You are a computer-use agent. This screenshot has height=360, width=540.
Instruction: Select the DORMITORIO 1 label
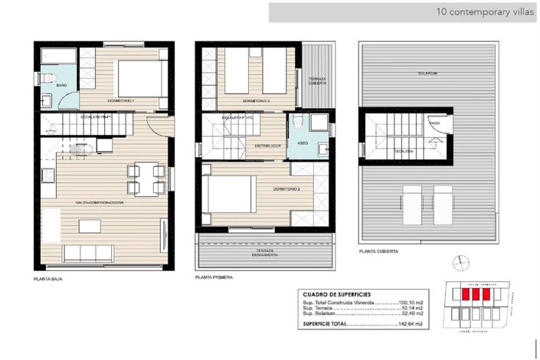click(123, 101)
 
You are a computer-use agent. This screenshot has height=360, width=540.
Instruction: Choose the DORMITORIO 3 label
click(257, 101)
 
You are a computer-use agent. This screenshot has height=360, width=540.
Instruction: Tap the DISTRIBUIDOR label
click(267, 145)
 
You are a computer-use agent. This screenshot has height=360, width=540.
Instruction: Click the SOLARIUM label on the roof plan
click(427, 74)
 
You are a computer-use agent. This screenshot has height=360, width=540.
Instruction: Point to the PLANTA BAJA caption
click(48, 279)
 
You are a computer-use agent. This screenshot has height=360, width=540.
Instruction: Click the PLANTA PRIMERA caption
click(214, 277)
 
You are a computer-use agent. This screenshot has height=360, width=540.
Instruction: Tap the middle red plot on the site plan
click(475, 293)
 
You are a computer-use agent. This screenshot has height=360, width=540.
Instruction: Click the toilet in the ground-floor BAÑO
click(48, 77)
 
